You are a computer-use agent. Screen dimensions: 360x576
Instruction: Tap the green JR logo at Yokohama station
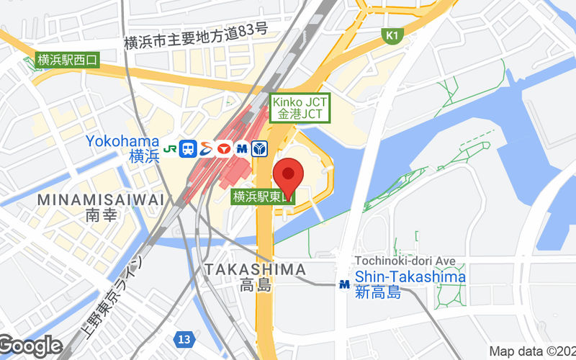point(171,149)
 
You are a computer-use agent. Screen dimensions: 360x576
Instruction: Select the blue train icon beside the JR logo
point(189,149)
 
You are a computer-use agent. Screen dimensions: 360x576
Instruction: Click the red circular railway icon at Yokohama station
point(223,149)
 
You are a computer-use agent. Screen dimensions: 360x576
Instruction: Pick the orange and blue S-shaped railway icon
point(206,149)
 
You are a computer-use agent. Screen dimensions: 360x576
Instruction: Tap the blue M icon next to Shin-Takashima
point(345,284)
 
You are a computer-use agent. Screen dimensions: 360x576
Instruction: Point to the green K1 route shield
point(391,35)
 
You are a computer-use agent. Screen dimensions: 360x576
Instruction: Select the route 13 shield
point(185,338)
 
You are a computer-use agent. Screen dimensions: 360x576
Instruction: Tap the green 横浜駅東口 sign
point(264,196)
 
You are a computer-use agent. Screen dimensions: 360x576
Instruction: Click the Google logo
point(30,346)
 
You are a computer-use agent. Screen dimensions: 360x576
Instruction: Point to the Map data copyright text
point(531,351)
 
